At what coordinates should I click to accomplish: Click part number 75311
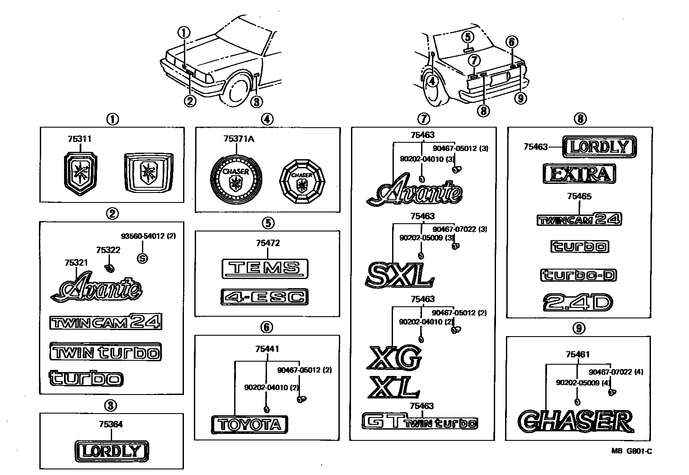click(79, 139)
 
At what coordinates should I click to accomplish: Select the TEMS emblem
click(264, 269)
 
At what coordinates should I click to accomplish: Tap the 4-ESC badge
click(264, 297)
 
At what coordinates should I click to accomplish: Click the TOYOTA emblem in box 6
click(249, 424)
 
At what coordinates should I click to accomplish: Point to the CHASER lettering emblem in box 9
click(576, 421)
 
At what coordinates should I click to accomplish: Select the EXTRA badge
click(579, 174)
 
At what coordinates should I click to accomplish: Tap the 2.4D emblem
click(578, 302)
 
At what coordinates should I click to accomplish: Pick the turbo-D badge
click(579, 275)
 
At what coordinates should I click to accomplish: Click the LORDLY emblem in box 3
click(111, 451)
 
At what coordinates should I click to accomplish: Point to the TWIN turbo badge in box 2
click(105, 352)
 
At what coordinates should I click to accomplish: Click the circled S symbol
click(142, 258)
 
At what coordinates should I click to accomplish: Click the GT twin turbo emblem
click(419, 422)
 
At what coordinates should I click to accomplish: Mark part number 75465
click(579, 196)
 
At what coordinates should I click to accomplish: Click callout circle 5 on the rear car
click(467, 37)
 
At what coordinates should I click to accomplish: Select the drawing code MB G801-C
click(631, 451)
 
